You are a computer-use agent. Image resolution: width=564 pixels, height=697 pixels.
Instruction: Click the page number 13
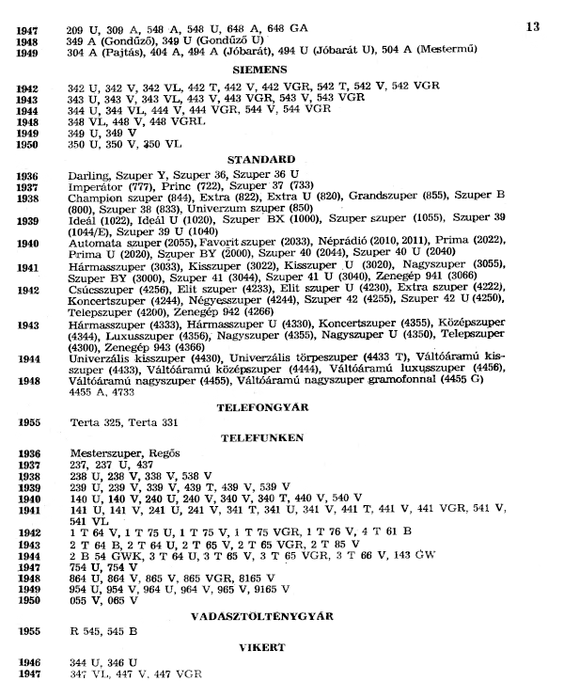[x=531, y=27]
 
